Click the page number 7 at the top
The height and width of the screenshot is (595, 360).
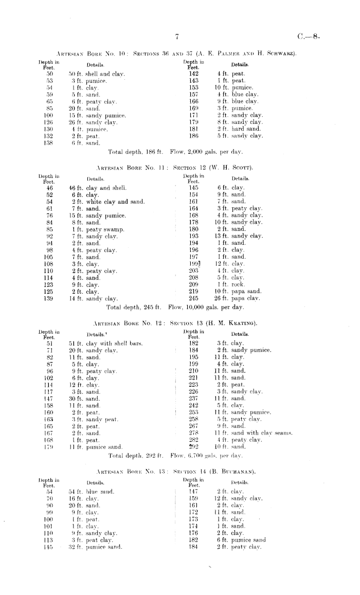pos(176,37)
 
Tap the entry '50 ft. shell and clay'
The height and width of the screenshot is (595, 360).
pos(98,74)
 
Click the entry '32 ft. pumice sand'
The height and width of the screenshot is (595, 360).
pos(96,547)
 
